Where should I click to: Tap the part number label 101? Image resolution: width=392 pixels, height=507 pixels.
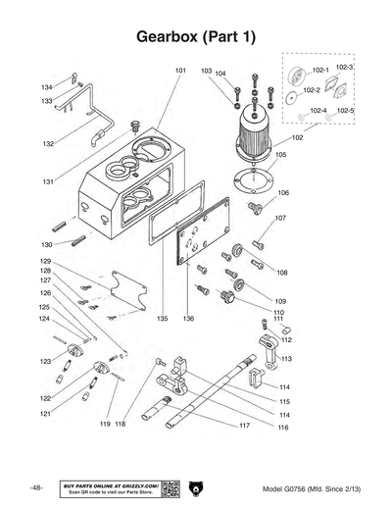180,72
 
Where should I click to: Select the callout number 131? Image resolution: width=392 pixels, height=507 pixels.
47,182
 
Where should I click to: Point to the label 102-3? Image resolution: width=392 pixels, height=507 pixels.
344,68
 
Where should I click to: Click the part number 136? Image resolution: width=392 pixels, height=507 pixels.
188,319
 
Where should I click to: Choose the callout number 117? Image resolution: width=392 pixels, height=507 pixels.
244,427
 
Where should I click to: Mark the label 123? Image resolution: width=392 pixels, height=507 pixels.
45,362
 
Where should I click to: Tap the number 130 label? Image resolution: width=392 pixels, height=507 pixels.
46,244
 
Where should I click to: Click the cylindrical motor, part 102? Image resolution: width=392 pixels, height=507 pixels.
258,127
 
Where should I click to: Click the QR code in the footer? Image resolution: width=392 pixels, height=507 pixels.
170,488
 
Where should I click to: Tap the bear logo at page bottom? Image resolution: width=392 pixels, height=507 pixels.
195,488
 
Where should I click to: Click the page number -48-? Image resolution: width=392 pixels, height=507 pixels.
36,488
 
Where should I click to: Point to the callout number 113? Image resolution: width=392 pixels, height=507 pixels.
286,360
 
